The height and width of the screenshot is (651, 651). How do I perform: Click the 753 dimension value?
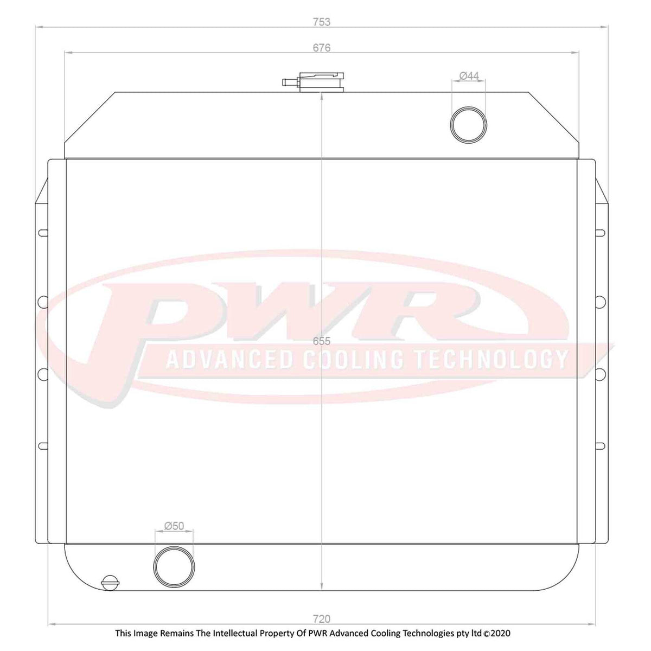pyautogui.click(x=321, y=22)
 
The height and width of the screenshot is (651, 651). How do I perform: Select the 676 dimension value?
pyautogui.click(x=321, y=48)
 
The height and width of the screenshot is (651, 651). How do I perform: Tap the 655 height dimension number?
pyautogui.click(x=322, y=341)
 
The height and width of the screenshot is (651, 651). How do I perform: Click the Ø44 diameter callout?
pyautogui.click(x=469, y=76)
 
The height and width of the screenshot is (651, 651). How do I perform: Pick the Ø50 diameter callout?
pyautogui.click(x=174, y=526)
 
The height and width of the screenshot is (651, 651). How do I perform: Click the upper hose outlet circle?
pyautogui.click(x=469, y=125)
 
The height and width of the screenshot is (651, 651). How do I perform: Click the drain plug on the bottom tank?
pyautogui.click(x=109, y=582)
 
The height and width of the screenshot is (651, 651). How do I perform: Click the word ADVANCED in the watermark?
pyautogui.click(x=231, y=359)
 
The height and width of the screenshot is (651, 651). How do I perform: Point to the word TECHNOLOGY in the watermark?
pyautogui.click(x=492, y=359)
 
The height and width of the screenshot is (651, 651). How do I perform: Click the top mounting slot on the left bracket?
pyautogui.click(x=43, y=233)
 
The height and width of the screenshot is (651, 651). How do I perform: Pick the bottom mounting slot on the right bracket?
pyautogui.click(x=600, y=446)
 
